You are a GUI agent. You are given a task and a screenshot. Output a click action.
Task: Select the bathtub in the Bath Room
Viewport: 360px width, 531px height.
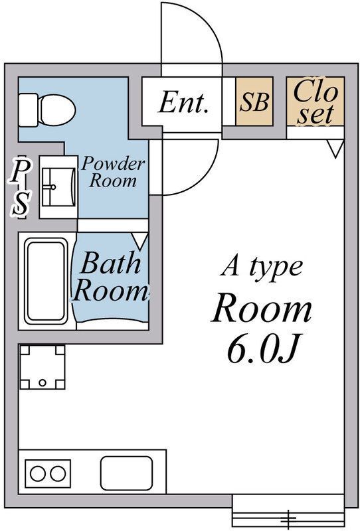coord(46,281)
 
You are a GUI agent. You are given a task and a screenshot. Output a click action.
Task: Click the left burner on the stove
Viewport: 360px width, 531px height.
coord(38,473)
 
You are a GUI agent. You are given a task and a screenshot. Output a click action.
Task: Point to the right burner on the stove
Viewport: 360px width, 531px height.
coord(58,473)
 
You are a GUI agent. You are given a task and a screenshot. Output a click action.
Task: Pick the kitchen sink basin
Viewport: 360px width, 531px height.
coord(126,473)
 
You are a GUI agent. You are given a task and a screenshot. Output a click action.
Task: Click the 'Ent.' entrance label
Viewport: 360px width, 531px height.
coord(183,103)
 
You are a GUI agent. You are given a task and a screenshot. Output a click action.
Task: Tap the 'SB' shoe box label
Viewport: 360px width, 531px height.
coord(254,102)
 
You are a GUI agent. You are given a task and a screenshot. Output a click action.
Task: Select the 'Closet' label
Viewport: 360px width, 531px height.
coord(315,102)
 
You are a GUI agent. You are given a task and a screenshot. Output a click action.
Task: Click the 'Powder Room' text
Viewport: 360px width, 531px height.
coord(113,172)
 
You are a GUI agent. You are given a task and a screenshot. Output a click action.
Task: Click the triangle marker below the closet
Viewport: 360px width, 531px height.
coord(335,148)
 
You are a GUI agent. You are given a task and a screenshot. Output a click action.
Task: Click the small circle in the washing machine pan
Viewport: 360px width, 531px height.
coord(43,383)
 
